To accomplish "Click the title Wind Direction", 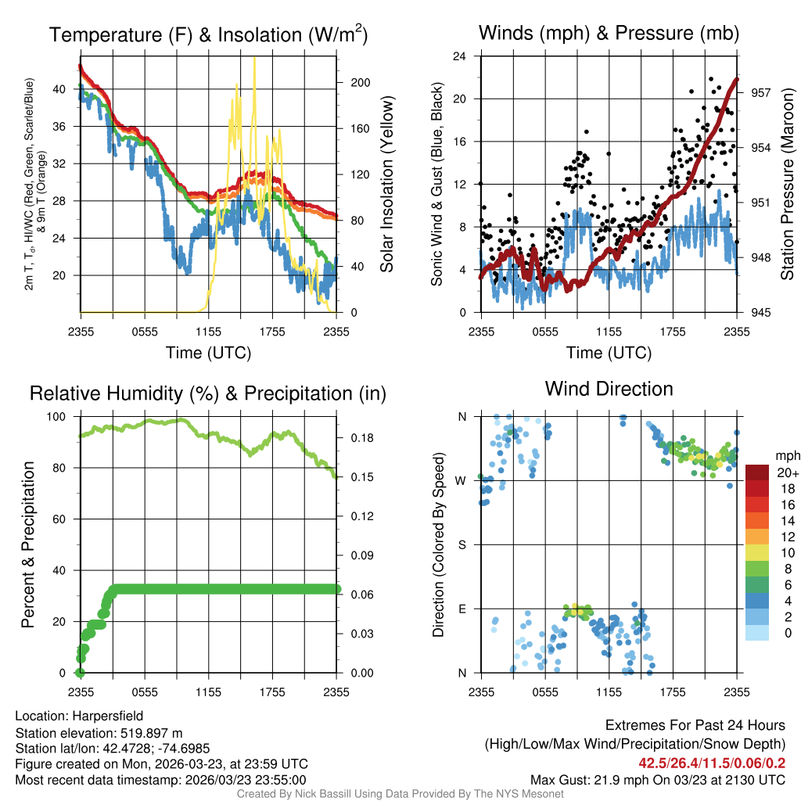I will pyautogui.click(x=609, y=389).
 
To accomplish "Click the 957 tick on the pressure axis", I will pyautogui.click(x=761, y=92).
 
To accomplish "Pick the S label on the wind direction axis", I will pyautogui.click(x=462, y=544).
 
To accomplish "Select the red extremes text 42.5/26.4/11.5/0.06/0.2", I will pyautogui.click(x=712, y=763).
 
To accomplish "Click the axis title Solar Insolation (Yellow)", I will pyautogui.click(x=386, y=185).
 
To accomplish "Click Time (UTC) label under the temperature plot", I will pyautogui.click(x=208, y=353).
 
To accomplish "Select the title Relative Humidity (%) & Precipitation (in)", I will pyautogui.click(x=208, y=393).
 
